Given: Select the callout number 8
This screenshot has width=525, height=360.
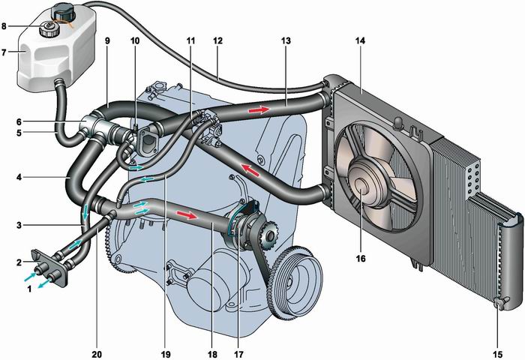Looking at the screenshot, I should point(7,25).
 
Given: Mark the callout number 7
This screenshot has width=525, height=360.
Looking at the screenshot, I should point(7,53).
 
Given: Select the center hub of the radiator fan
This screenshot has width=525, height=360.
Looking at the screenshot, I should point(361,187).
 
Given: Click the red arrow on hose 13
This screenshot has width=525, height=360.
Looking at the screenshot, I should point(259,110).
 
